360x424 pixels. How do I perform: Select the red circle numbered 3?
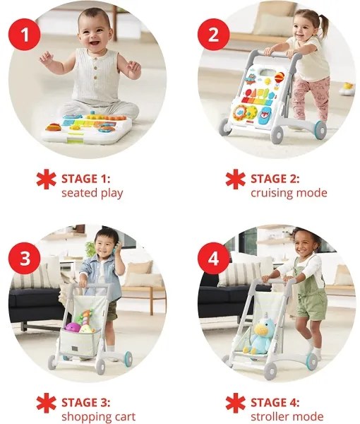(x=25, y=258)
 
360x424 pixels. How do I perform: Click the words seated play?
(x=91, y=193)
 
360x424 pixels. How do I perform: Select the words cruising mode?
(x=289, y=193)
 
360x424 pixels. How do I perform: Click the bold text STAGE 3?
(x=85, y=403)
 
